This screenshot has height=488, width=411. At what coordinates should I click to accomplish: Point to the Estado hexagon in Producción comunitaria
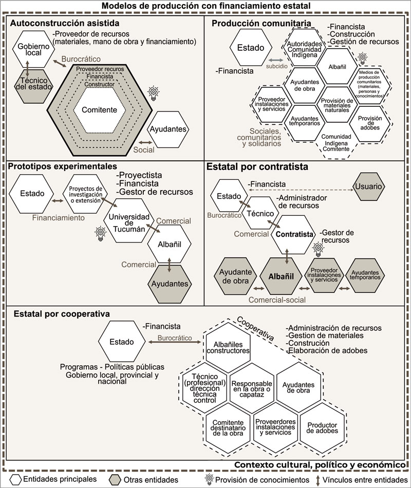tap(250, 48)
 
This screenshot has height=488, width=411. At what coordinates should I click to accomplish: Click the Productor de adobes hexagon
tap(323, 427)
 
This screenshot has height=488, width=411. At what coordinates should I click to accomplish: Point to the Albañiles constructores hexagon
tap(228, 347)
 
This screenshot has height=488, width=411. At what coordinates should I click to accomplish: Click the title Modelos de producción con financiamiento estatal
tap(206, 6)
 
